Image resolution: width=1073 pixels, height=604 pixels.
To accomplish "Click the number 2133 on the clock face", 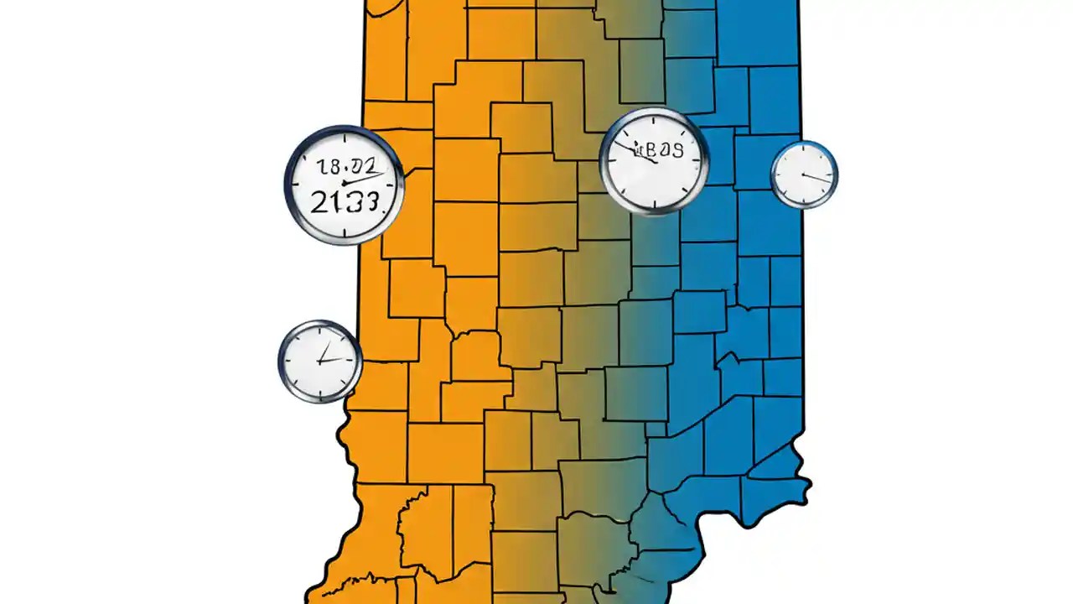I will click(x=344, y=201).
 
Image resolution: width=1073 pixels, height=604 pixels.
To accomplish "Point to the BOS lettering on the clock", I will click(x=662, y=151).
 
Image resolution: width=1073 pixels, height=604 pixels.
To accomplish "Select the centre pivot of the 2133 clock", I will click(x=344, y=183).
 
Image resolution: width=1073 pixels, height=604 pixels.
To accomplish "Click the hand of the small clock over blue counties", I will click(x=817, y=177).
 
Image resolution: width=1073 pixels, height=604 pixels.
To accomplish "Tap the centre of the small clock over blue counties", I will click(x=804, y=174).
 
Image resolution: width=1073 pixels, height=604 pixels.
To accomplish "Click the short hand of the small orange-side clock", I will click(x=324, y=351).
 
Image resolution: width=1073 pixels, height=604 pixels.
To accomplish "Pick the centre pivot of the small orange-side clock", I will click(x=319, y=362).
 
